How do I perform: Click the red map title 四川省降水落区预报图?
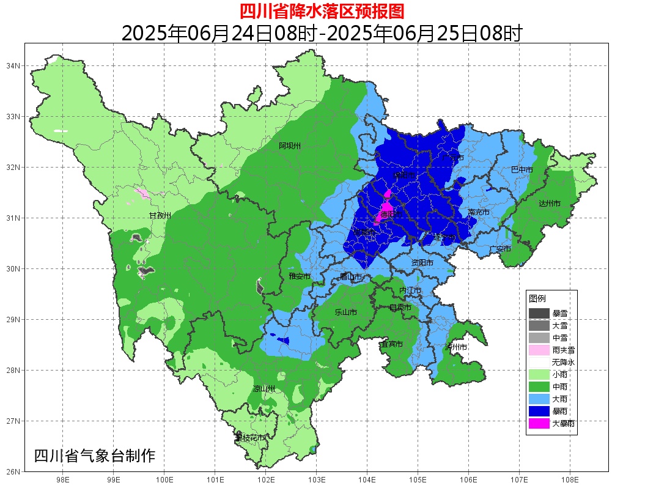(322, 11)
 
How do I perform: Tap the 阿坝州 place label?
(290, 146)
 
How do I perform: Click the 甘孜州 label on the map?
(160, 215)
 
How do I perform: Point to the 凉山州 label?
(264, 389)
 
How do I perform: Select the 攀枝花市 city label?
(250, 438)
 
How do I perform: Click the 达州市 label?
(549, 203)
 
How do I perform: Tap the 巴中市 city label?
(522, 169)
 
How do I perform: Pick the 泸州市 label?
(456, 347)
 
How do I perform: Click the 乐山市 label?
(345, 312)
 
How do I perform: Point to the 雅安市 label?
(300, 276)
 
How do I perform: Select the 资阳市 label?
(422, 262)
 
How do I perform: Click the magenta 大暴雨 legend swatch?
(539, 423)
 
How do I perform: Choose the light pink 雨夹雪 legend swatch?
(539, 350)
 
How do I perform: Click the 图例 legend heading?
(537, 298)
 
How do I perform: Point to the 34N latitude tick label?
(13, 65)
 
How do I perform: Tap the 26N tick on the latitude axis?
(13, 471)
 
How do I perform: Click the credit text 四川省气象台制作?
(95, 456)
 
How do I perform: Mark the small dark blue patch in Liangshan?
(282, 340)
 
